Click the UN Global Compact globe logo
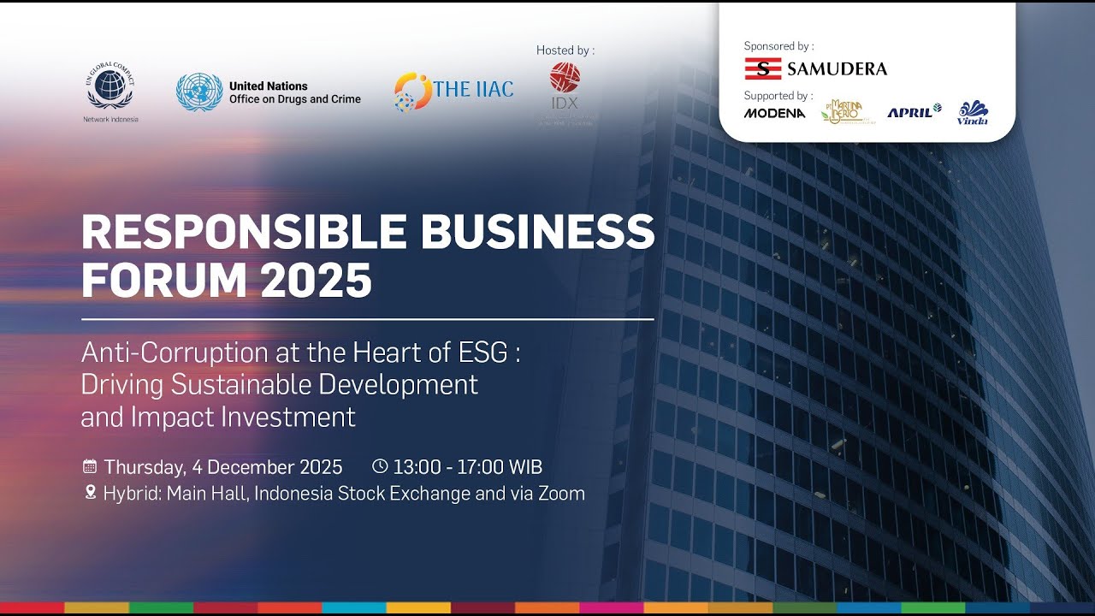109,88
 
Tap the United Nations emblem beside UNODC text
198,92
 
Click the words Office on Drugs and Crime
294,99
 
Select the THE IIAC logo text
473,90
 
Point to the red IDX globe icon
565,77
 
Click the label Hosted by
565,50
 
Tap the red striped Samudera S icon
762,68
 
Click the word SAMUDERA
837,68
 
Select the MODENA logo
774,113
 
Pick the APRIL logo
914,112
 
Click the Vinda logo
973,113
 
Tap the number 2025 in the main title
317,280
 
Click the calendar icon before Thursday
89,466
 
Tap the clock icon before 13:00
380,466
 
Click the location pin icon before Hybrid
90,493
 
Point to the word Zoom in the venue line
561,494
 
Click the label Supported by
778,96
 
